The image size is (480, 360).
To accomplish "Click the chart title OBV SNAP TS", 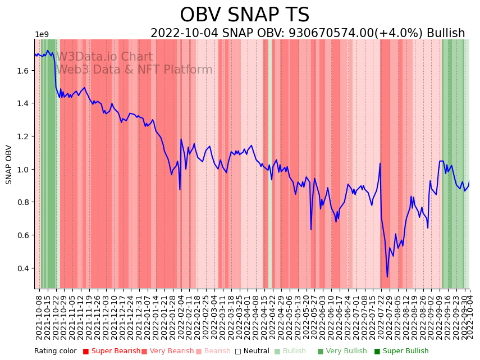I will point(244,15).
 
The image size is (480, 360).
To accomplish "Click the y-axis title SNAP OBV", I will point(9,165).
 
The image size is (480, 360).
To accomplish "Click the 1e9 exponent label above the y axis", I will point(42,35).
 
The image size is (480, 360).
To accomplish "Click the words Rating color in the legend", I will point(55,352).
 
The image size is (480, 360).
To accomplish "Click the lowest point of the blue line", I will point(387,277).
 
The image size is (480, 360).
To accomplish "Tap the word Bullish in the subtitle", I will point(446,34).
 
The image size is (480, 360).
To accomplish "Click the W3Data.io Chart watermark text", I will point(104,57).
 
